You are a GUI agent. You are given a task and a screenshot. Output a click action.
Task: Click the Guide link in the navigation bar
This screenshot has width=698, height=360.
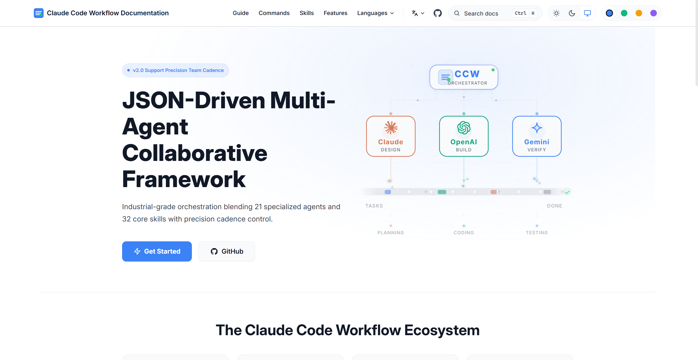(x=240, y=13)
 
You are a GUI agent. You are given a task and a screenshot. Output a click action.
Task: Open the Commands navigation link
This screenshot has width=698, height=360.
(x=274, y=13)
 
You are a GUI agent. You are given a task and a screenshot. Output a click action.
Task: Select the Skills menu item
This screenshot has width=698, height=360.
(x=306, y=13)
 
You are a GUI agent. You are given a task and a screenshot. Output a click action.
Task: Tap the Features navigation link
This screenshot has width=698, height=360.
(x=335, y=13)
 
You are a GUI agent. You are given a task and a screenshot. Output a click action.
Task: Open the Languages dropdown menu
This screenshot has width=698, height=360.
(x=375, y=13)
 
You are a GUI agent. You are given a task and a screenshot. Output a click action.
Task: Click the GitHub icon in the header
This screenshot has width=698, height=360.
(x=437, y=13)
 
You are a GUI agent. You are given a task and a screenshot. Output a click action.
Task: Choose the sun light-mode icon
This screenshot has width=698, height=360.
(x=556, y=13)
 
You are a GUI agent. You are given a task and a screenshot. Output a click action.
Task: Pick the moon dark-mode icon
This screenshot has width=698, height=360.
(x=572, y=13)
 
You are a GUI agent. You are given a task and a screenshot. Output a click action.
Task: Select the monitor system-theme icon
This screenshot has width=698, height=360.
(x=587, y=13)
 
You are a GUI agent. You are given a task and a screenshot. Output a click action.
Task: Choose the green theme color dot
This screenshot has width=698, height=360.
(x=624, y=13)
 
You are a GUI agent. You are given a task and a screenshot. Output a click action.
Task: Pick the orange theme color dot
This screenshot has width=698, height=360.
(x=639, y=13)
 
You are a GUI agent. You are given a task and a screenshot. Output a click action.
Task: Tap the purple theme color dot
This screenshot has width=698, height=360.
(x=653, y=13)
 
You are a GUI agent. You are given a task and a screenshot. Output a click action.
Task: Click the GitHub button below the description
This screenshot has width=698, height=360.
(x=226, y=251)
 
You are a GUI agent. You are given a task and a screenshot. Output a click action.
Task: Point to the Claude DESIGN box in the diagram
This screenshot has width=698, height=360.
(x=391, y=136)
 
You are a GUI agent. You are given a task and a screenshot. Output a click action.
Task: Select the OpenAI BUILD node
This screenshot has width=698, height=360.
(x=464, y=136)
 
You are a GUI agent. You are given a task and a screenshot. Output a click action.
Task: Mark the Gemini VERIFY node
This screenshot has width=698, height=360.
(x=537, y=136)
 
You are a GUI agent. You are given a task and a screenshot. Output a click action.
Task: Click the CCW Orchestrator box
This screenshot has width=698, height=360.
(x=464, y=77)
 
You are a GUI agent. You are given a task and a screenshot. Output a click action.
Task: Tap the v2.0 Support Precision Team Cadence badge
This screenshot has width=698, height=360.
(x=175, y=70)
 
